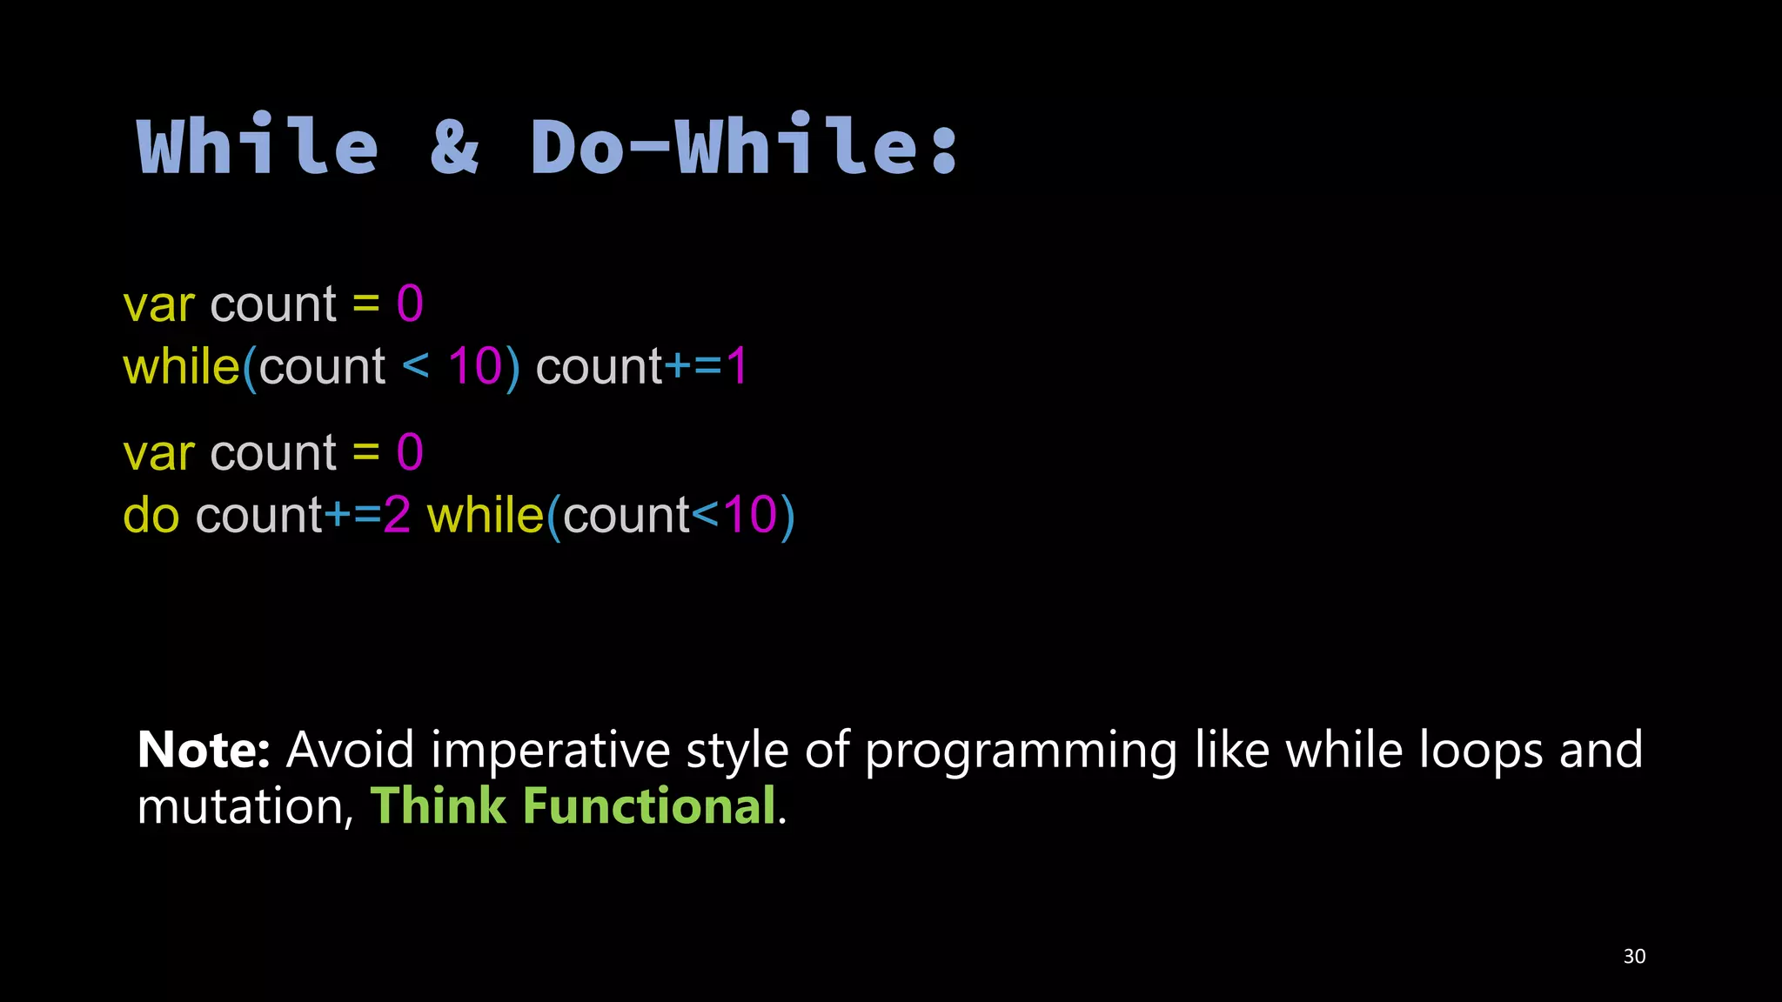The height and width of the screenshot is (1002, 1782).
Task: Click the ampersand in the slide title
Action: (x=454, y=146)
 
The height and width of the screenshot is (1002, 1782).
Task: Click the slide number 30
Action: (x=1634, y=956)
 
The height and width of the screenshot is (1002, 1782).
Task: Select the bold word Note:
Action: (x=204, y=750)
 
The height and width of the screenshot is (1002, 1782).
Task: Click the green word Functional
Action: (x=648, y=805)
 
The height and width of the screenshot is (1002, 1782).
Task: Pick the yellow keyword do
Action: (x=151, y=515)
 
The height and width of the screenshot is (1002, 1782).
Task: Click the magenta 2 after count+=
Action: (x=397, y=515)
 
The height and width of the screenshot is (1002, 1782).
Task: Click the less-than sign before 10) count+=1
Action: (x=416, y=365)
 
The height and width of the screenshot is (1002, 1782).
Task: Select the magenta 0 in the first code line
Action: (x=410, y=304)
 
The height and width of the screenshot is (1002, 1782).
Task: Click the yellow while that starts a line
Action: (x=181, y=366)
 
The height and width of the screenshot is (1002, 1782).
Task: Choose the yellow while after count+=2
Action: (x=485, y=515)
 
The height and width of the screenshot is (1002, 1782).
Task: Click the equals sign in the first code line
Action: (x=366, y=305)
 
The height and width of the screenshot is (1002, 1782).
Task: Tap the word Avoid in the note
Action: (x=350, y=750)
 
